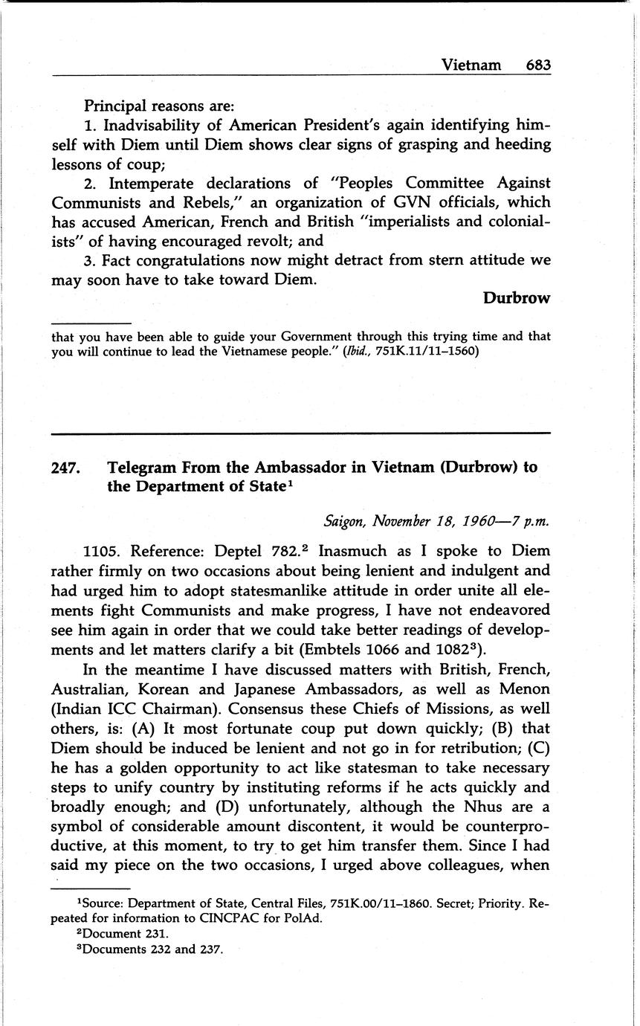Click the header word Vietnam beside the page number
click(471, 65)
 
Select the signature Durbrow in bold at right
click(517, 298)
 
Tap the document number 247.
click(66, 468)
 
